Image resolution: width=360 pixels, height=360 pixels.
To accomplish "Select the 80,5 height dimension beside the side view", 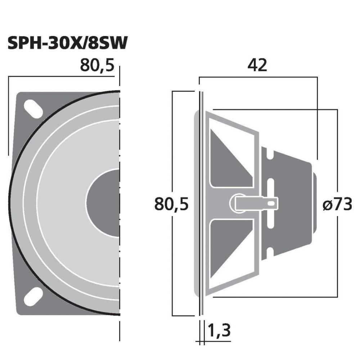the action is [x=171, y=204].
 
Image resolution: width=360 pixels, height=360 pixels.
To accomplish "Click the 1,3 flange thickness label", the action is [x=219, y=330].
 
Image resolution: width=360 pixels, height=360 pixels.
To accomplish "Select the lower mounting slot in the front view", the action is [x=33, y=297].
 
